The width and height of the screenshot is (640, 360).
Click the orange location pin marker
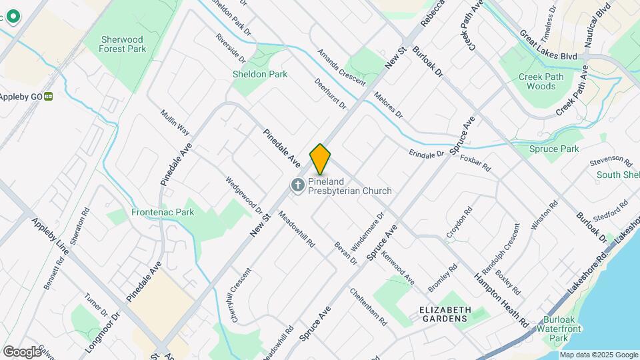pyautogui.click(x=320, y=159)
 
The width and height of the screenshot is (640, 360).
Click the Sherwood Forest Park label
pyautogui.click(x=122, y=44)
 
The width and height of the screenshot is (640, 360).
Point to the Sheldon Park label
pyautogui.click(x=260, y=74)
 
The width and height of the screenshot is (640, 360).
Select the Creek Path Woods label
pyautogui.click(x=537, y=81)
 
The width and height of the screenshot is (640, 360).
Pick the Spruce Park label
pyautogui.click(x=554, y=149)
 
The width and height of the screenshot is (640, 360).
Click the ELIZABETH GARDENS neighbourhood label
pyautogui.click(x=445, y=315)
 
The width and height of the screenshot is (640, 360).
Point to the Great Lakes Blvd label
pyautogui.click(x=548, y=45)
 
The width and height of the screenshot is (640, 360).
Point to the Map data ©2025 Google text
pyautogui.click(x=598, y=355)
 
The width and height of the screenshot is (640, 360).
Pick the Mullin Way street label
pyautogui.click(x=175, y=123)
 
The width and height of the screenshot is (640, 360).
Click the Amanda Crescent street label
pyautogui.click(x=341, y=67)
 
